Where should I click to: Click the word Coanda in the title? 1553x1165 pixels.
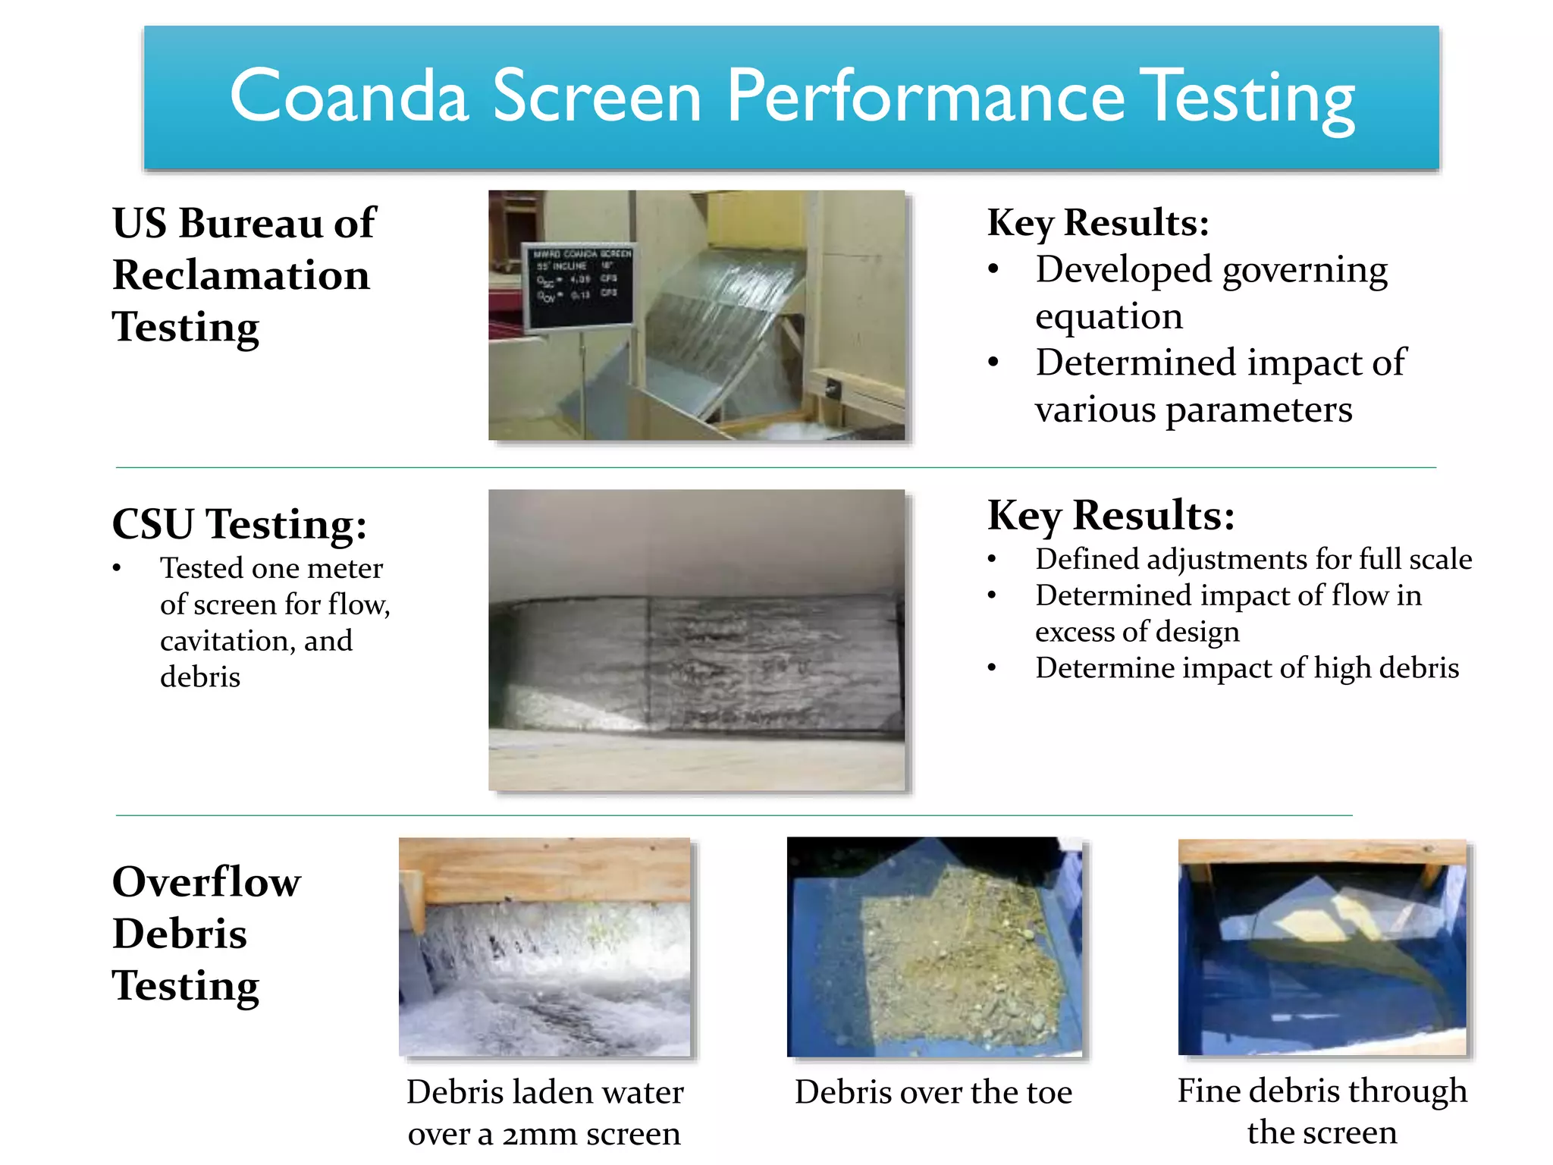coord(349,97)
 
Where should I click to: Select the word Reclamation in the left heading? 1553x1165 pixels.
coord(241,275)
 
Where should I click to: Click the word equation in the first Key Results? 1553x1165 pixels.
coord(1109,316)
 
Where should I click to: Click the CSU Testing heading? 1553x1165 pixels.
coord(240,523)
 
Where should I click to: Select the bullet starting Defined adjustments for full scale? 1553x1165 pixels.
coord(1253,559)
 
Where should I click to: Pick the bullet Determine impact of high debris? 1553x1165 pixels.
coord(1247,668)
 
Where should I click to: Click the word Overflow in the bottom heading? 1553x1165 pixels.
coord(206,881)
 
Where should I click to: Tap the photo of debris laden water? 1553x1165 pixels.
coord(544,947)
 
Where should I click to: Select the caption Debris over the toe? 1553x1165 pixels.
coord(933,1092)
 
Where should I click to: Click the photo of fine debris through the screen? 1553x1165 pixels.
coord(1322,947)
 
